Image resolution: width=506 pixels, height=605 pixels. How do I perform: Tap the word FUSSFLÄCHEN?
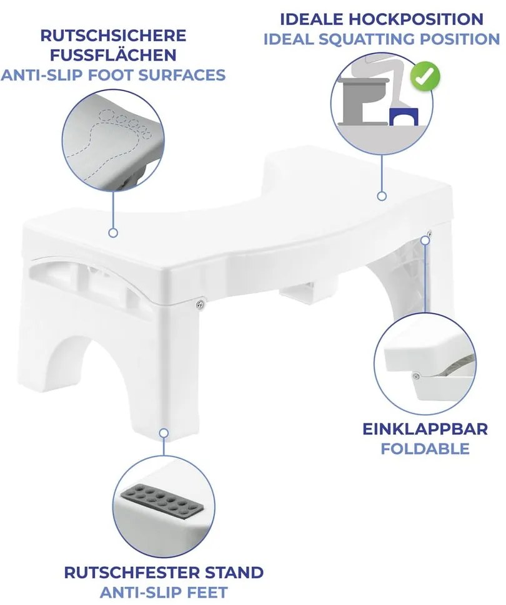(x=112, y=54)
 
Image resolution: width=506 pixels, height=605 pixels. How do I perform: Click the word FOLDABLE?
(x=425, y=448)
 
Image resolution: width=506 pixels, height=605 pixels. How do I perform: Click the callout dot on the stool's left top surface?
(x=113, y=232)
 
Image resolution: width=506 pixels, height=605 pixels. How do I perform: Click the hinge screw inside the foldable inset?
(x=415, y=375)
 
